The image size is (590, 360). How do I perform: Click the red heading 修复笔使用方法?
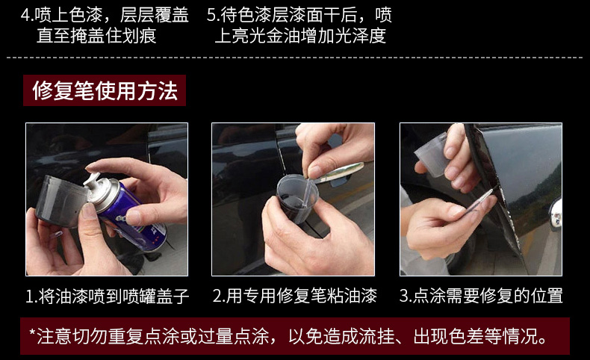tap(105, 90)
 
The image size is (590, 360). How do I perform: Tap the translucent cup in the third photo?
tap(432, 154)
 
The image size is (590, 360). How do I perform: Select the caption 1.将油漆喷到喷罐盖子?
tap(108, 296)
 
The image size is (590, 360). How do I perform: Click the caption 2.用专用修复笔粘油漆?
tap(294, 296)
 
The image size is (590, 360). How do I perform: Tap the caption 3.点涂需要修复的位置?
tap(481, 296)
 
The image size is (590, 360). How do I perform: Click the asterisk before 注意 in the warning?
tap(32, 333)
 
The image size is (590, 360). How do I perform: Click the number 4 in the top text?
tap(25, 15)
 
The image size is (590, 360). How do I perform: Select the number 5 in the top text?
tap(211, 15)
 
